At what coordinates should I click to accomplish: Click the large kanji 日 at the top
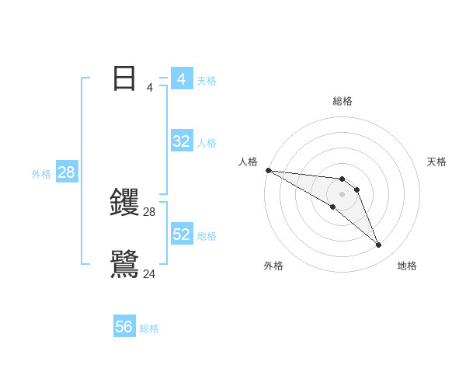click(x=124, y=78)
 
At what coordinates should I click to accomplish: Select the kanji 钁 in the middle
click(x=124, y=203)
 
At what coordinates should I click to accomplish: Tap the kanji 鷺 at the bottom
click(x=124, y=265)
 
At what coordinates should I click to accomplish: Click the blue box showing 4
click(x=182, y=78)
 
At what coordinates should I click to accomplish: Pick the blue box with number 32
click(x=182, y=141)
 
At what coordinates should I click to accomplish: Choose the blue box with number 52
click(x=182, y=235)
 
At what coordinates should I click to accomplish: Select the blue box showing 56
click(x=124, y=328)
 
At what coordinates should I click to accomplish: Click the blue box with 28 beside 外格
click(x=66, y=172)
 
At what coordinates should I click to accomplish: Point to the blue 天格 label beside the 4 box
click(x=207, y=80)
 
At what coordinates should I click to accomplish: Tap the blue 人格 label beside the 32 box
click(x=207, y=143)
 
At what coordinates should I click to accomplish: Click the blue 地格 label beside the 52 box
click(x=207, y=236)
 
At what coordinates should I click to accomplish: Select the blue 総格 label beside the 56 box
click(x=149, y=329)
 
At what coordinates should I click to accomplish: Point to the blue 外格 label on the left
click(x=41, y=174)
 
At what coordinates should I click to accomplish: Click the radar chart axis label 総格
click(x=343, y=101)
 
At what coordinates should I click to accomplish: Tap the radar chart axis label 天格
click(x=437, y=162)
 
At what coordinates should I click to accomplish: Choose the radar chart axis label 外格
click(x=273, y=266)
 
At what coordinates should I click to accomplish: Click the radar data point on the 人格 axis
click(x=268, y=170)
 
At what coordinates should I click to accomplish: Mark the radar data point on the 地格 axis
click(x=379, y=245)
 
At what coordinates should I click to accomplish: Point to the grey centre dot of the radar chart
click(x=343, y=194)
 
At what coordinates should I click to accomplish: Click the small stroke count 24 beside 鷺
click(x=150, y=274)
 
